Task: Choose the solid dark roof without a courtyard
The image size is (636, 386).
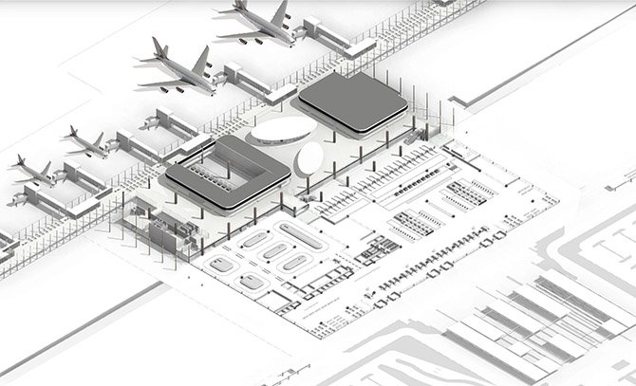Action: [352, 101]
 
